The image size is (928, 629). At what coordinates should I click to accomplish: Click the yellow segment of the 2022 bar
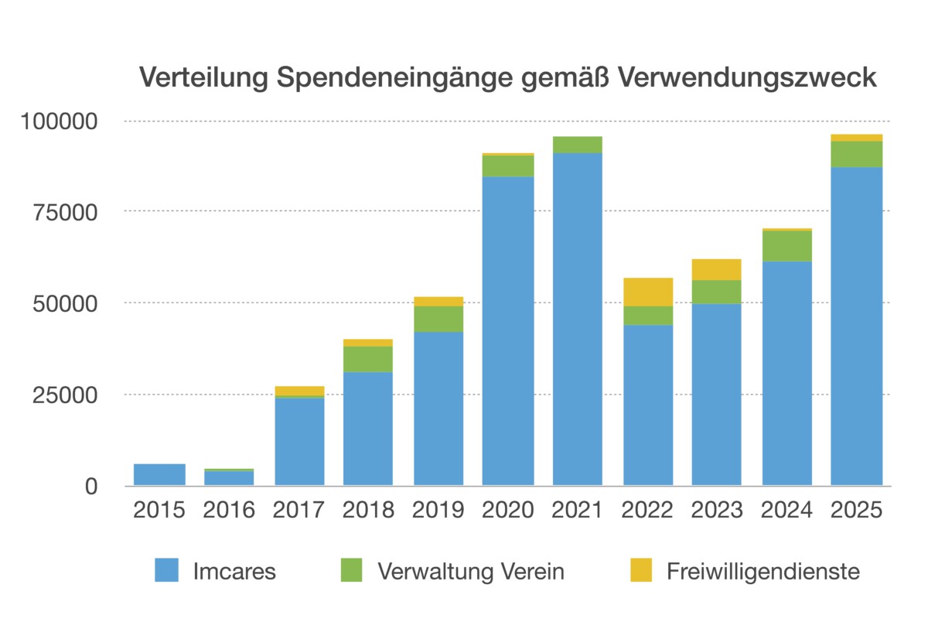click(648, 292)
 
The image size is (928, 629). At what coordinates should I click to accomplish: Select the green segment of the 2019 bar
click(438, 319)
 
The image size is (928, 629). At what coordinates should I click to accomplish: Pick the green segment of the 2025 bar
click(857, 154)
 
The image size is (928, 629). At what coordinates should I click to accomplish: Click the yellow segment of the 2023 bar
click(717, 269)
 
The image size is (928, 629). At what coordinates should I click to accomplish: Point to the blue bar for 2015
click(159, 474)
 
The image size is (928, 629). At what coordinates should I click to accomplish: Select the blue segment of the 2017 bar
click(299, 441)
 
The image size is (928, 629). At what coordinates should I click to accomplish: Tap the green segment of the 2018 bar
click(368, 359)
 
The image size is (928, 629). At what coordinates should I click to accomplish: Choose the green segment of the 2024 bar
click(787, 246)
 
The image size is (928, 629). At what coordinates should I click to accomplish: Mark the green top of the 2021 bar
click(578, 145)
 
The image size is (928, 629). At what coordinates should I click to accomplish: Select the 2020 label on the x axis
click(508, 511)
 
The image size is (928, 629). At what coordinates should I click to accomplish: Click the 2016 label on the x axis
click(229, 511)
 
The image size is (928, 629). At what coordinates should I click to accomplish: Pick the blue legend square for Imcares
click(166, 570)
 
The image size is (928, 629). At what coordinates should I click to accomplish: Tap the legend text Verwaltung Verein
click(470, 572)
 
